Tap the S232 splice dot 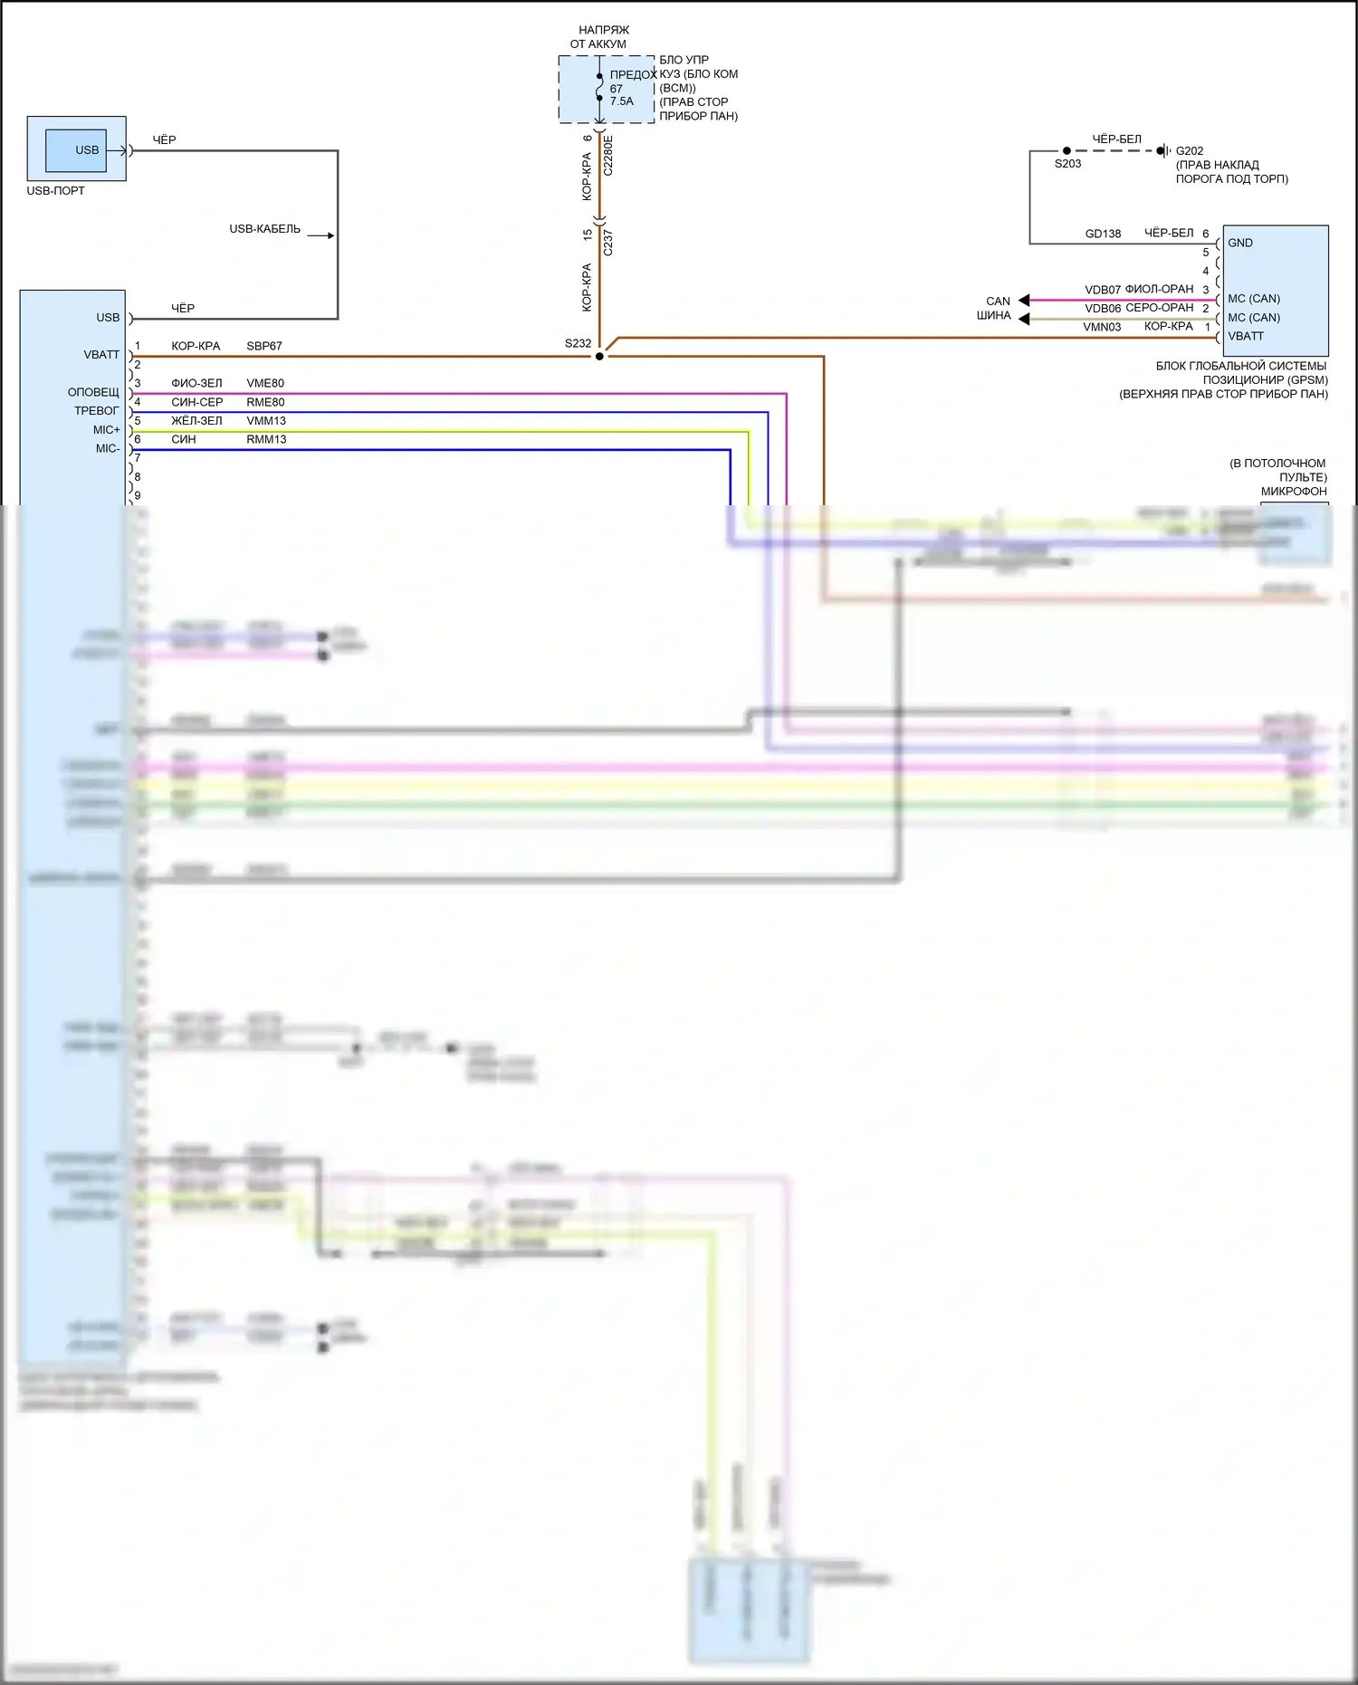coord(599,357)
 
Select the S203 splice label coord(1067,164)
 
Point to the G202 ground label coord(1190,151)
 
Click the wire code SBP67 coord(264,346)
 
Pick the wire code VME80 coord(265,383)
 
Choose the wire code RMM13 coord(266,439)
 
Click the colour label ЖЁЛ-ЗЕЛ coord(196,421)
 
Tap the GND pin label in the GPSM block coord(1240,243)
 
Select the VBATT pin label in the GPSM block coord(1246,336)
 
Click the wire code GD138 coord(1103,234)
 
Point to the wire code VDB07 coord(1103,290)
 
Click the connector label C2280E coord(608,155)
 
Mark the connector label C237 coord(608,243)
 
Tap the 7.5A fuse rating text coord(622,101)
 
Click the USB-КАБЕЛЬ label coord(264,229)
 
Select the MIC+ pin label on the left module coord(106,430)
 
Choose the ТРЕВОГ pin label coord(96,411)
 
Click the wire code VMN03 coord(1102,327)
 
